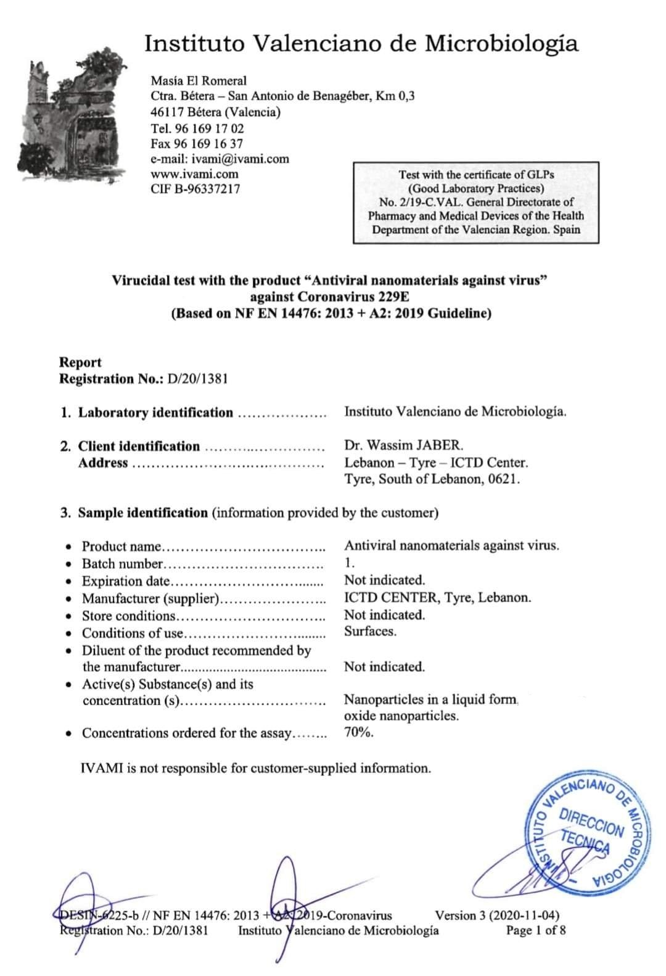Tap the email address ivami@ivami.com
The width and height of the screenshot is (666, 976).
click(240, 159)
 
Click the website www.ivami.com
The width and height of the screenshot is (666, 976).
click(194, 174)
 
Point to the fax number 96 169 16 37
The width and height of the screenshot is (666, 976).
click(212, 144)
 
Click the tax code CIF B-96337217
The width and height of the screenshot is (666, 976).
click(195, 189)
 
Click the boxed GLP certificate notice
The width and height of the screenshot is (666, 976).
click(475, 202)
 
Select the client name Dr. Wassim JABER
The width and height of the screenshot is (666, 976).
click(404, 445)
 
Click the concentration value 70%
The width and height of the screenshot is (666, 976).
click(358, 733)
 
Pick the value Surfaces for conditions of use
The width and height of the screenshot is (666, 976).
click(370, 631)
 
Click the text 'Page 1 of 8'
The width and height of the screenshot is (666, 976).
click(535, 930)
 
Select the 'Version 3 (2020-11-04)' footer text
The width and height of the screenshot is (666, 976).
click(497, 915)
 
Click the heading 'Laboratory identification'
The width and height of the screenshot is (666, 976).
click(155, 413)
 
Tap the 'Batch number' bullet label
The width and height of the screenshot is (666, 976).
click(123, 563)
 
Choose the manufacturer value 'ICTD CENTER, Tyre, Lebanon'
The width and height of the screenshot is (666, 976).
click(437, 597)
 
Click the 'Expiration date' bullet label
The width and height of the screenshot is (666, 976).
click(126, 581)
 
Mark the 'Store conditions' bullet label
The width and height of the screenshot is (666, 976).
click(129, 615)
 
